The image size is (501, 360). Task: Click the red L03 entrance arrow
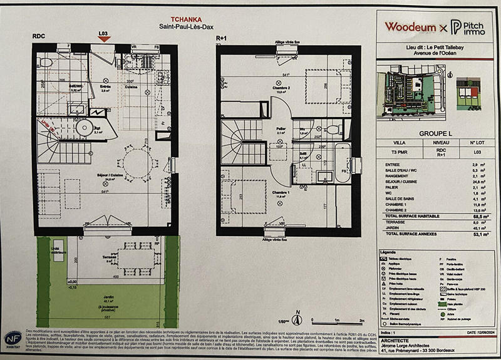point(105,39)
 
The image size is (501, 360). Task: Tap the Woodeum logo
point(410,27)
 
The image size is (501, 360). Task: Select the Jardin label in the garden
point(96,299)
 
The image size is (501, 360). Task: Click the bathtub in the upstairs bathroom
point(343,163)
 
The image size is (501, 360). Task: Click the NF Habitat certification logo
point(12,339)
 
